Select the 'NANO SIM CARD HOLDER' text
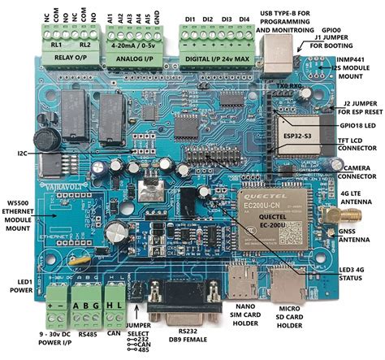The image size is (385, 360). pos(253,319)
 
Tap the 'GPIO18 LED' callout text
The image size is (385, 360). pos(358,126)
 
